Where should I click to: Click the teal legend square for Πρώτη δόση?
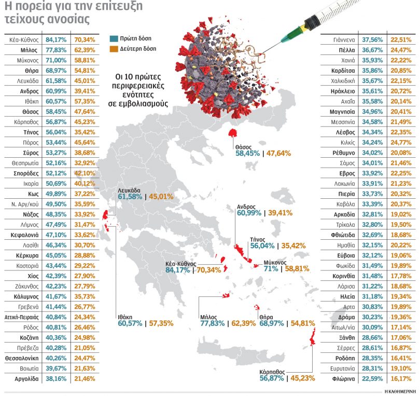click(x=114, y=38)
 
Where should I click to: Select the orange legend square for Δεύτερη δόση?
click(x=114, y=49)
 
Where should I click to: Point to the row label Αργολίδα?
click(x=24, y=379)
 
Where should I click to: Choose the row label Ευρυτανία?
click(x=343, y=368)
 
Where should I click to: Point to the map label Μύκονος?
click(x=275, y=262)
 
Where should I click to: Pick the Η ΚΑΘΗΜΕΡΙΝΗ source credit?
click(x=401, y=390)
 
